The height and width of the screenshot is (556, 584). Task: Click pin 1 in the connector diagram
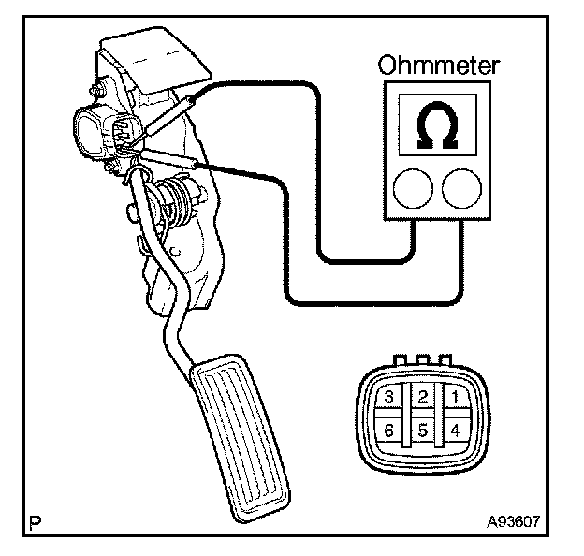[454, 398]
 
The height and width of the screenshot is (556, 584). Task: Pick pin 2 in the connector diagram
[422, 398]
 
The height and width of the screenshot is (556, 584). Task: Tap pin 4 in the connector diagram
[454, 432]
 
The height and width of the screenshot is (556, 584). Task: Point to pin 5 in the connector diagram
[422, 432]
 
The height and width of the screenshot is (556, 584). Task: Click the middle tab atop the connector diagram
[422, 358]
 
